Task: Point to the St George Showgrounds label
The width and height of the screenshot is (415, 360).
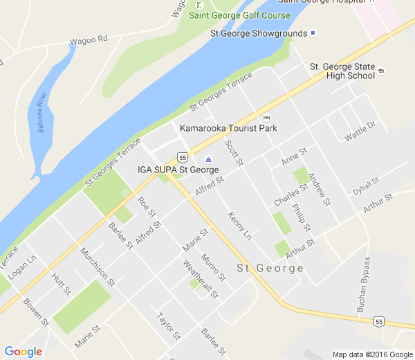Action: click(259, 33)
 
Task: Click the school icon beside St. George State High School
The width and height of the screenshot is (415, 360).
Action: click(381, 71)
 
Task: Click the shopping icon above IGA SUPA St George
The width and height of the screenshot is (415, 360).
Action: click(208, 160)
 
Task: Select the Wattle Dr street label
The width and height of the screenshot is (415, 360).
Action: click(360, 131)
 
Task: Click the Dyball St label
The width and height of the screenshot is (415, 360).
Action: click(366, 186)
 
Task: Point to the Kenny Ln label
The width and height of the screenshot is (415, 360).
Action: click(240, 226)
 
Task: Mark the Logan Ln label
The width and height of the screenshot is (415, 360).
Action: click(21, 262)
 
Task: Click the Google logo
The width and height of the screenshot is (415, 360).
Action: click(23, 352)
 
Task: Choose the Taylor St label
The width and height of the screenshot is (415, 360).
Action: click(168, 326)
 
